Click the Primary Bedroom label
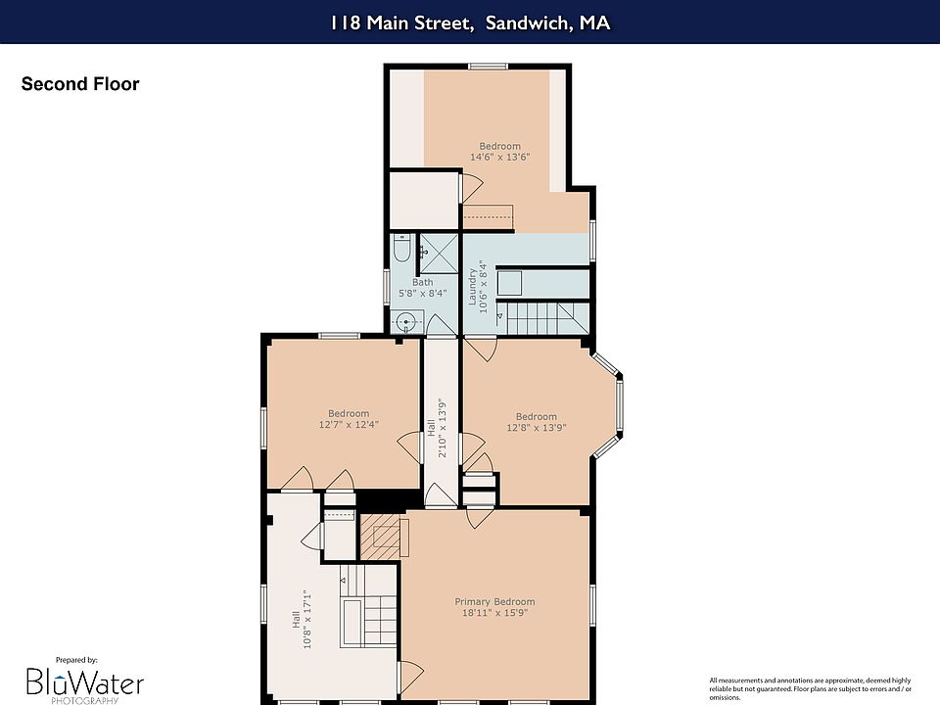(x=494, y=601)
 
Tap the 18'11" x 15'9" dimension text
(x=494, y=613)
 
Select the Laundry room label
(x=472, y=287)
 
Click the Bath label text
(x=423, y=282)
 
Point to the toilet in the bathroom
(x=401, y=248)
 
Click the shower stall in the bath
(x=439, y=253)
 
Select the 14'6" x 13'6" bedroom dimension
(x=500, y=157)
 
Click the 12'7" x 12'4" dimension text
(x=349, y=424)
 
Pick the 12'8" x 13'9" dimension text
(x=537, y=428)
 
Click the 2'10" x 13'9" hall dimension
(x=443, y=428)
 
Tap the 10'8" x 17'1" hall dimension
(x=307, y=619)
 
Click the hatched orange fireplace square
(x=380, y=538)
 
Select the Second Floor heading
(x=80, y=84)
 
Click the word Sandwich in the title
(x=528, y=23)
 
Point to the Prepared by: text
(x=76, y=660)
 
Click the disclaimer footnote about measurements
(x=811, y=688)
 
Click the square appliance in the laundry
(x=509, y=283)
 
